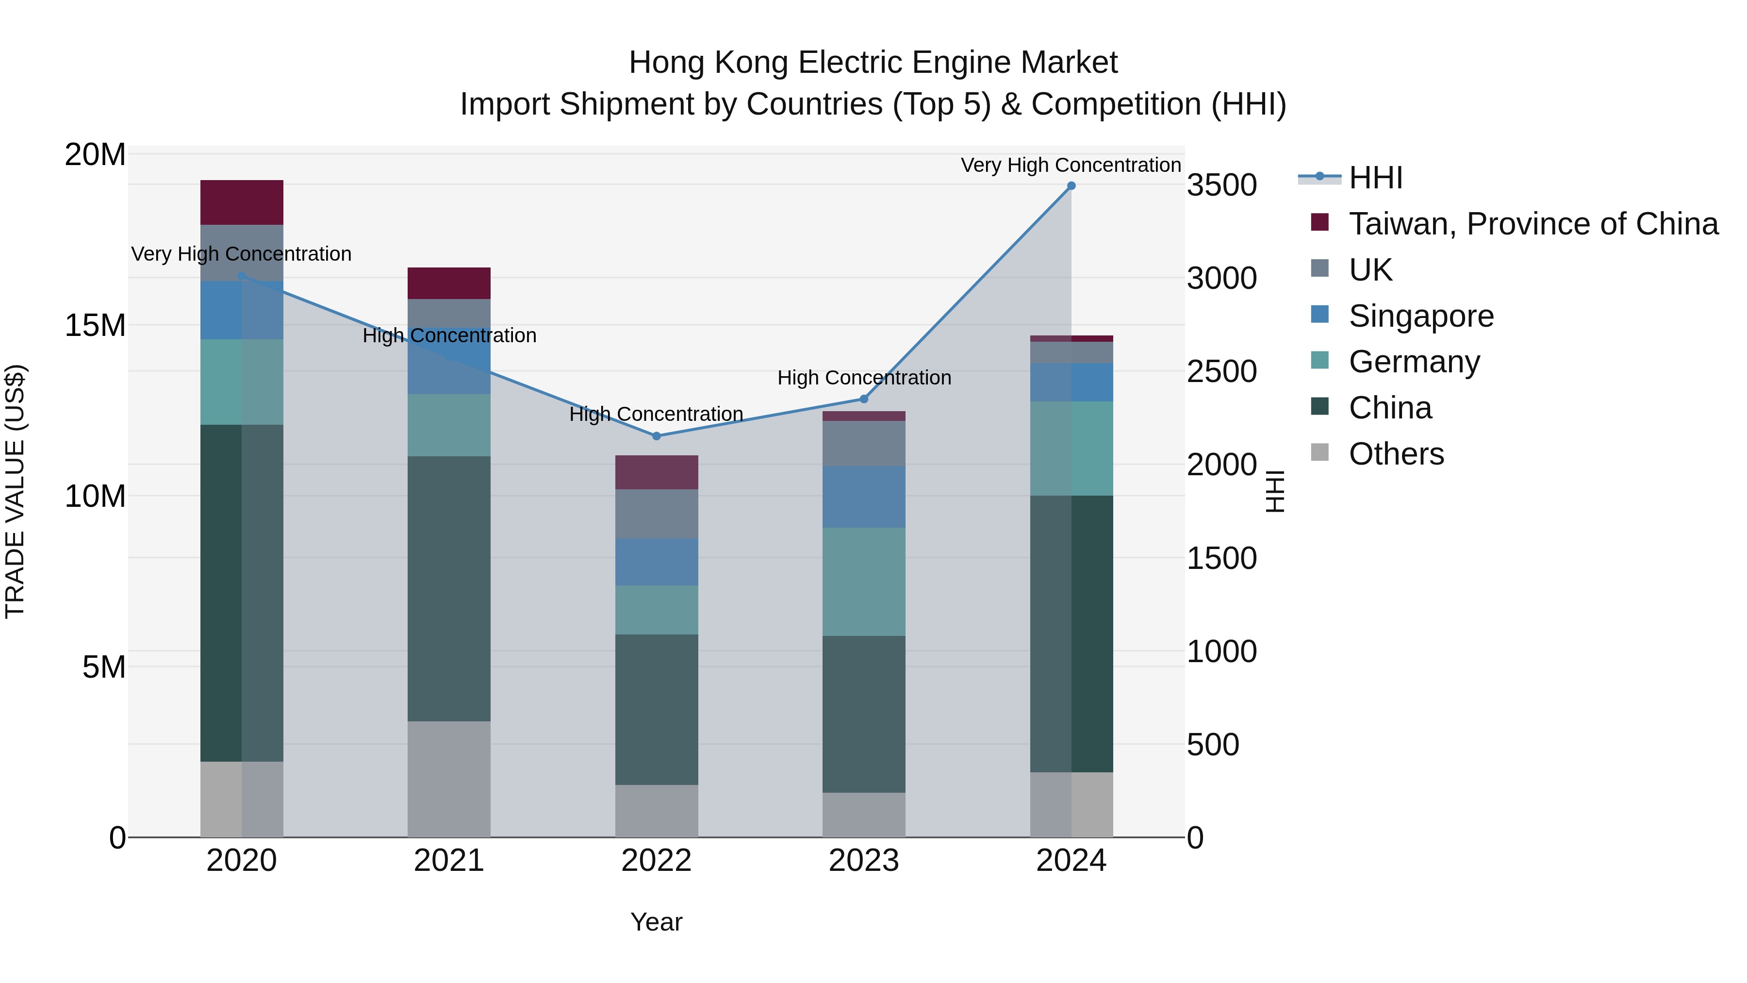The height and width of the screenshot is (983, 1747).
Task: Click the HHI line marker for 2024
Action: point(1071,186)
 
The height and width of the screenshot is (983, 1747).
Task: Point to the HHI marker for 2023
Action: point(863,399)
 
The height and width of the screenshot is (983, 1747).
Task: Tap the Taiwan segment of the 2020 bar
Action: point(242,202)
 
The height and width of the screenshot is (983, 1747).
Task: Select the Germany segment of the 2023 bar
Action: point(863,582)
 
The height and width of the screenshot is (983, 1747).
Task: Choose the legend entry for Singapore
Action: point(1421,316)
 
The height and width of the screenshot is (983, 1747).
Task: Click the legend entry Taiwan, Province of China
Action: point(1533,224)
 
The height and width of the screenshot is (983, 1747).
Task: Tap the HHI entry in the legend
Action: point(1375,178)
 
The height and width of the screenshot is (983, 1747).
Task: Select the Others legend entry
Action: point(1396,454)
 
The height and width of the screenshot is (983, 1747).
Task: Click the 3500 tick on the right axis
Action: point(1221,185)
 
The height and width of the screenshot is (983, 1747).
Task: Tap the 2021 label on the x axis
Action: point(448,861)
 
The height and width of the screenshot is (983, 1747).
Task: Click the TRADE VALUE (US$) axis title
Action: point(15,491)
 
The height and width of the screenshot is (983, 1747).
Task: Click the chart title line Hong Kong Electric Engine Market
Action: point(873,63)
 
